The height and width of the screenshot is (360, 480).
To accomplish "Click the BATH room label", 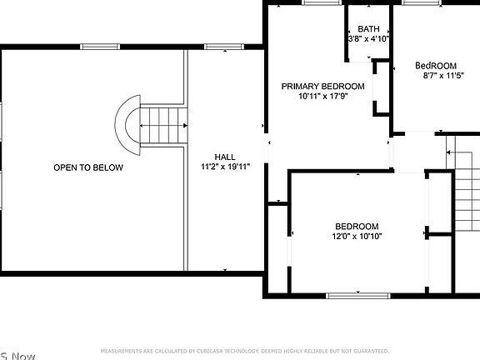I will [368, 29].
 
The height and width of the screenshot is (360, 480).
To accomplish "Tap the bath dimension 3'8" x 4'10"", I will [368, 38].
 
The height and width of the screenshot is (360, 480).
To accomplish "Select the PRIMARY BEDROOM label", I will [322, 86].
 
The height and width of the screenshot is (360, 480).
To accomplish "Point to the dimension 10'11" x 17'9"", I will [322, 96].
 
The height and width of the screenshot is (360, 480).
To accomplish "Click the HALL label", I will [224, 157].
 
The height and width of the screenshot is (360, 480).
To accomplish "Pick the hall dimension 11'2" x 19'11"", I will [224, 167].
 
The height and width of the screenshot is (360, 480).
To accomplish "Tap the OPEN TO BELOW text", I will [88, 167].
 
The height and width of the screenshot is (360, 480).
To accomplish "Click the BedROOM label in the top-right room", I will [436, 66].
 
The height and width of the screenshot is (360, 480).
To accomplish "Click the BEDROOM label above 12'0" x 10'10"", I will [357, 226].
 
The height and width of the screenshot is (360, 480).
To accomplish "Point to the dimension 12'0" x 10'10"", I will [357, 236].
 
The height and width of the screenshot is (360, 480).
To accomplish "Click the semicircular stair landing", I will [127, 125].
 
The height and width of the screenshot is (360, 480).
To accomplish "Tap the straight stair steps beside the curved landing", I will [162, 125].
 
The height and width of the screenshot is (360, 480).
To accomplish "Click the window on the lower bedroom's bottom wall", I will [357, 295].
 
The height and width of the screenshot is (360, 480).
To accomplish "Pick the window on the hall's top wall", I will [219, 47].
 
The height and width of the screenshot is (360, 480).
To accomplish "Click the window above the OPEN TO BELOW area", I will [96, 47].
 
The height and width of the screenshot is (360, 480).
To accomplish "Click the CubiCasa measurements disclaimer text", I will [244, 351].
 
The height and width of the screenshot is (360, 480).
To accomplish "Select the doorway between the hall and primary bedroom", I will [267, 151].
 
